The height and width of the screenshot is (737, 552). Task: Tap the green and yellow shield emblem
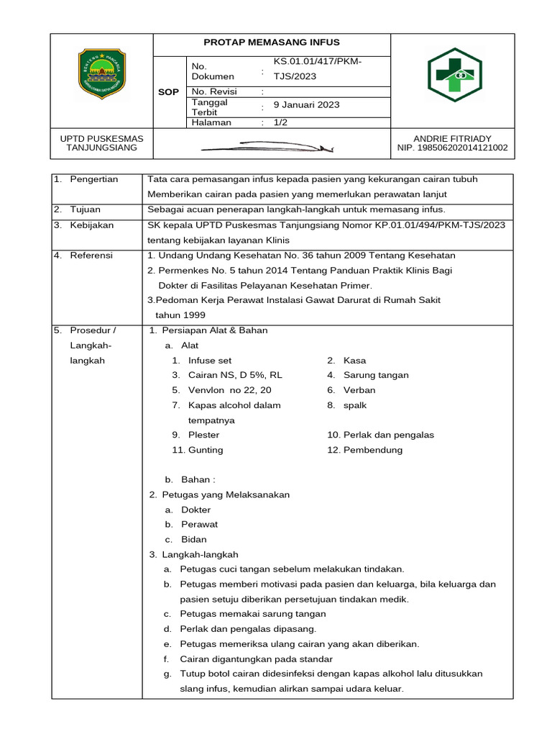(101, 74)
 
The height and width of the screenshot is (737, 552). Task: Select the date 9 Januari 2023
(306, 105)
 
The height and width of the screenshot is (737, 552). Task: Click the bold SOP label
(168, 92)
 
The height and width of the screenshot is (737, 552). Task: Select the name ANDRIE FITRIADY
(452, 139)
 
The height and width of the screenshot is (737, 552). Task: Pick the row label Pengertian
(94, 179)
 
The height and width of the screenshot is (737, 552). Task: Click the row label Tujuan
(85, 209)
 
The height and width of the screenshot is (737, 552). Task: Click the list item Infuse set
(210, 361)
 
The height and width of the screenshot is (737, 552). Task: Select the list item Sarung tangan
(376, 375)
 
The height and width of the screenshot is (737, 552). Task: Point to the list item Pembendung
(373, 450)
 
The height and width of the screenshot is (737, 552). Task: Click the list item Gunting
(206, 450)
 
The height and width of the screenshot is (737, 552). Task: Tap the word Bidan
(194, 539)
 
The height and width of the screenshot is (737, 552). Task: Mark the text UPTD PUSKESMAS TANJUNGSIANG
(101, 143)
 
